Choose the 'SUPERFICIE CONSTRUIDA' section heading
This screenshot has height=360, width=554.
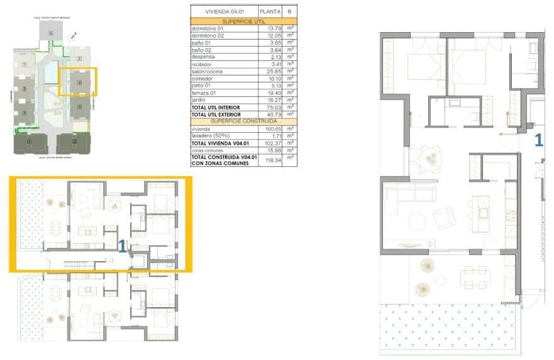(244, 121)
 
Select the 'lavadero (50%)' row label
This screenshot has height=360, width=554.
(209, 135)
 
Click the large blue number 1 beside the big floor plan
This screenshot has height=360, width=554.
(538, 140)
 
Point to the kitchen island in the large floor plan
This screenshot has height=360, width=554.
(483, 212)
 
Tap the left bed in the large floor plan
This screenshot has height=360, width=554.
(425, 67)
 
